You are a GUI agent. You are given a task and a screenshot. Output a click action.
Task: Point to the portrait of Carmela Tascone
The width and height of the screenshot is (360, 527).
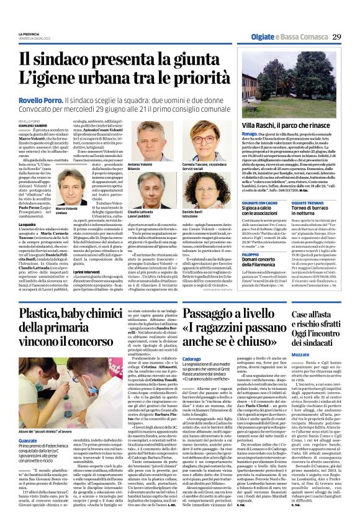pos(195,140)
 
